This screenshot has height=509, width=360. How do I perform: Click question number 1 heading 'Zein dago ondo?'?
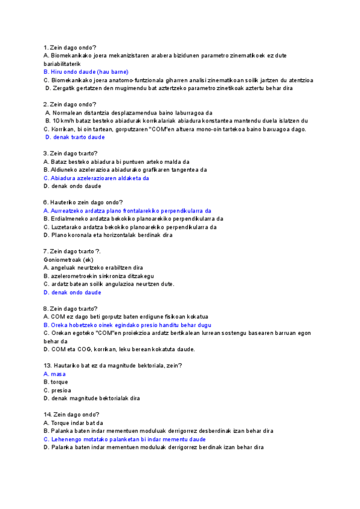pos(73,47)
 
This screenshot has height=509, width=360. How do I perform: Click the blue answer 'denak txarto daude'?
pos(77,137)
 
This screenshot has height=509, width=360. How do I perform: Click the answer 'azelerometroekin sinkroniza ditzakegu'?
pos(102,276)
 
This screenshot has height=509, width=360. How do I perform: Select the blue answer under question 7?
pos(76,292)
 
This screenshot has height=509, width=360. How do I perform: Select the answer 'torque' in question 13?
pos(59,382)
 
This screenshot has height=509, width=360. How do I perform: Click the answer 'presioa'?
pos(60,390)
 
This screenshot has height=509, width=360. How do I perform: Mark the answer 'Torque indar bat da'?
pos(79,423)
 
